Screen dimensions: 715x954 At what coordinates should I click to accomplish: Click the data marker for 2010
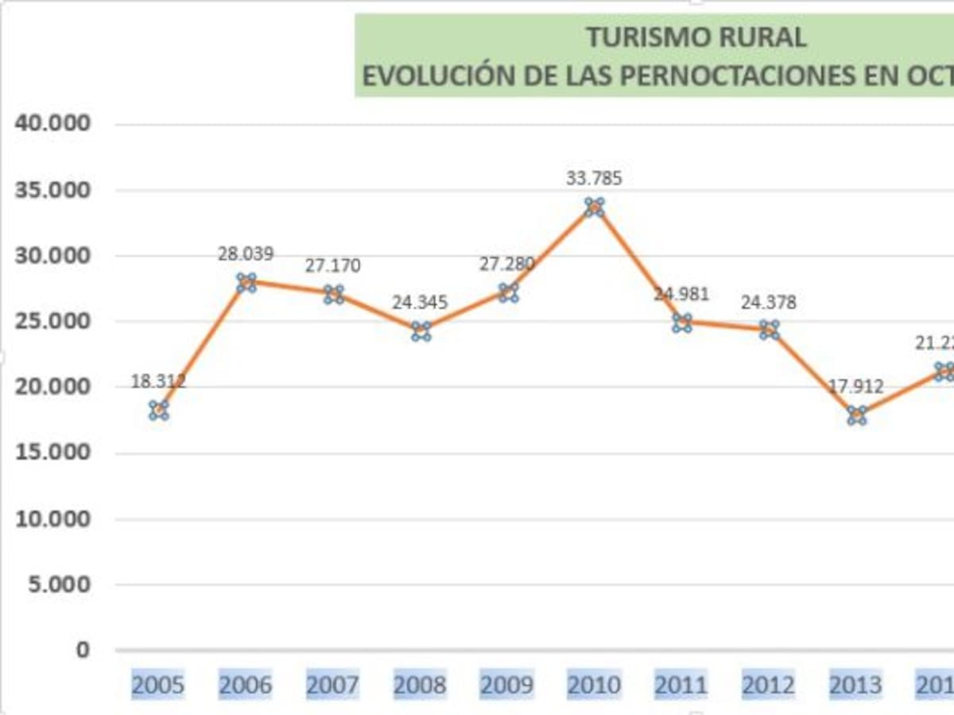[x=595, y=207]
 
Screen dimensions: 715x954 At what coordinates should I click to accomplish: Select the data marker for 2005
[x=158, y=410]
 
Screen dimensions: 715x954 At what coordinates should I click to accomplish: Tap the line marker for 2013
[x=857, y=415]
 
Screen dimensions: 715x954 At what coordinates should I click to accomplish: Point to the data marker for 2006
[x=246, y=282]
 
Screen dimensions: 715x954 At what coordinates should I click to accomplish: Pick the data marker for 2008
[x=421, y=332]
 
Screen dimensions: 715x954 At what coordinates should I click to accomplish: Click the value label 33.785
[x=595, y=179]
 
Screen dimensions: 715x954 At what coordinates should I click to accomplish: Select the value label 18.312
[x=159, y=381]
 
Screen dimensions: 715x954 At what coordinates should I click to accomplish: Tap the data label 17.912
[x=856, y=388]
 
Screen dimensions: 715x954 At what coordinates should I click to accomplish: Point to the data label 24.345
[x=421, y=303]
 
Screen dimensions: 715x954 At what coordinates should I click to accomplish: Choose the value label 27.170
[x=333, y=265]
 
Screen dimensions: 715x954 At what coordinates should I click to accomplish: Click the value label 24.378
[x=769, y=303]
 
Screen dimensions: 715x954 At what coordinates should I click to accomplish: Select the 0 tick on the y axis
[x=83, y=650]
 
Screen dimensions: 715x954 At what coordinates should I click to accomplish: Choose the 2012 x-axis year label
[x=769, y=685]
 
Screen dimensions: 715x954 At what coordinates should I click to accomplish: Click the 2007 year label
[x=333, y=685]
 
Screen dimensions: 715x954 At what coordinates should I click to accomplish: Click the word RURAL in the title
[x=762, y=37]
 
